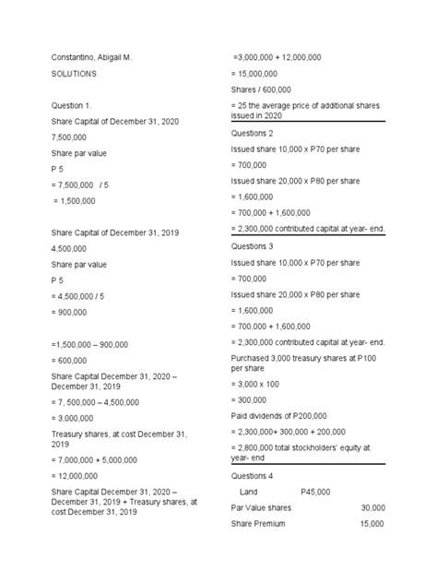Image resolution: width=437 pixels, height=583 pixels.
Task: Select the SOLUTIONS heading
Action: [73, 73]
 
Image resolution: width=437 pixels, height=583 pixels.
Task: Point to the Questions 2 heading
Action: [254, 133]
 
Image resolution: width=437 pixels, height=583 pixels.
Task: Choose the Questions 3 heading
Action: [254, 246]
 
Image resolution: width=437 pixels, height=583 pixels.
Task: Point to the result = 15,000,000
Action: [262, 73]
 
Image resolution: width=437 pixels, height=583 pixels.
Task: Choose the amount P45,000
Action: [315, 492]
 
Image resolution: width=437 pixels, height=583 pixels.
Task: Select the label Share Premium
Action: [258, 524]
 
